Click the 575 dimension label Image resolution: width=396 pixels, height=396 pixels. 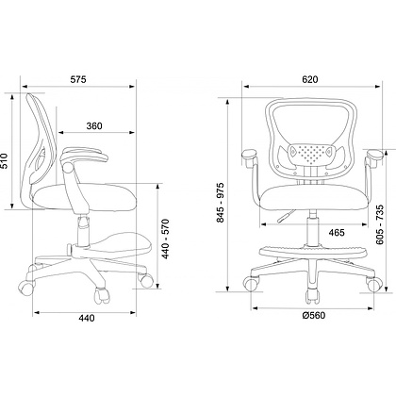[78, 79]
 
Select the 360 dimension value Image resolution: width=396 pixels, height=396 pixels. [94, 126]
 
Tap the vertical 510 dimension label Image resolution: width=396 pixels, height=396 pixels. [4, 161]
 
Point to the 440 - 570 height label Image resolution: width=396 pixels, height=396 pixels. [166, 239]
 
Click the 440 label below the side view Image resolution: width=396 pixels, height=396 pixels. [86, 319]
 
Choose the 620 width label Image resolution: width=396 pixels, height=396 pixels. [310, 79]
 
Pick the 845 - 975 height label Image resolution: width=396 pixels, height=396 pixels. [221, 203]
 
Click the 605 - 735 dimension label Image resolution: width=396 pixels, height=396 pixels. [380, 224]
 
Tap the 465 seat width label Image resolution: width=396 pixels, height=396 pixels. [337, 233]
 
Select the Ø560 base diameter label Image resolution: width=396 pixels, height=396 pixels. [313, 315]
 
